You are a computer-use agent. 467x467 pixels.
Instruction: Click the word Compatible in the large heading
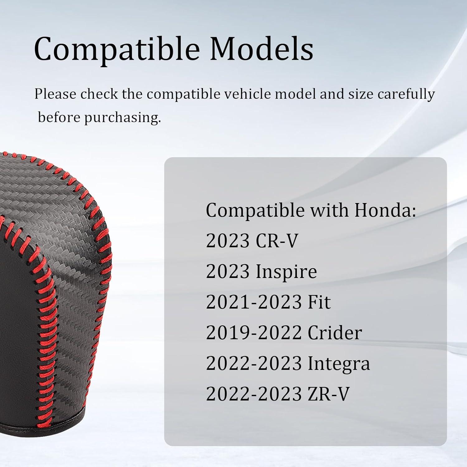tap(117, 49)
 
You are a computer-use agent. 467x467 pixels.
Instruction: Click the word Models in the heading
tap(262, 49)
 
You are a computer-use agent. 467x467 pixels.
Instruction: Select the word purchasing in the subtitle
tap(123, 118)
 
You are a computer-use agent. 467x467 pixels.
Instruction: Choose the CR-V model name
tap(277, 241)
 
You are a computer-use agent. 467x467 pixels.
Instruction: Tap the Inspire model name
tap(286, 271)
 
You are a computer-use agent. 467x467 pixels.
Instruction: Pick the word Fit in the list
tap(319, 302)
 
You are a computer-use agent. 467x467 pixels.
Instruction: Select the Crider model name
tap(335, 333)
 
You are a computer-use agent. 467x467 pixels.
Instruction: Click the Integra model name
tap(339, 363)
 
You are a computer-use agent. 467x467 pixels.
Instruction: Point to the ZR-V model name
tap(328, 394)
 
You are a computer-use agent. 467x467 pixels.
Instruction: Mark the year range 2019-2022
tap(254, 333)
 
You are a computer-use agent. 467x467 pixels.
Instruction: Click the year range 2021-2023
tap(254, 302)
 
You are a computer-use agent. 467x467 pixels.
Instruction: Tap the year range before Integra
tap(254, 363)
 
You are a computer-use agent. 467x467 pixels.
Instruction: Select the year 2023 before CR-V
tap(228, 241)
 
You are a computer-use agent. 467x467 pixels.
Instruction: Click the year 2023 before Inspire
tap(228, 271)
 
